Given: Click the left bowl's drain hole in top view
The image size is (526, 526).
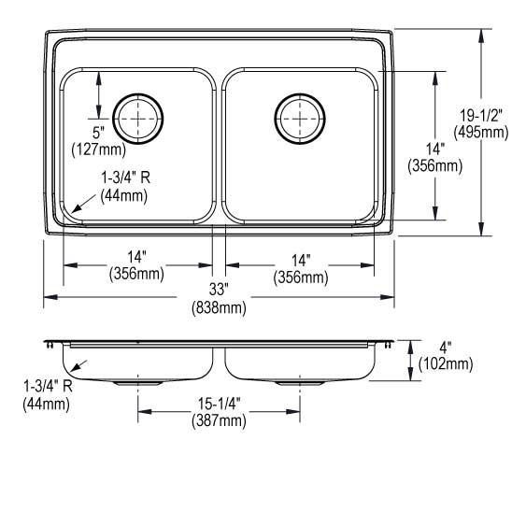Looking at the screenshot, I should click(139, 117).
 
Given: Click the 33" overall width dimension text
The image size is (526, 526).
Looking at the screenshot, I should click(220, 290).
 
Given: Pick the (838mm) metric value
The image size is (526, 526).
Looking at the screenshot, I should click(220, 307).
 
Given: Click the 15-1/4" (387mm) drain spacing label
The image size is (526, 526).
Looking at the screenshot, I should click(220, 412).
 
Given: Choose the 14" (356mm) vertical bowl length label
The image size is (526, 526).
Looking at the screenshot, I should click(435, 157).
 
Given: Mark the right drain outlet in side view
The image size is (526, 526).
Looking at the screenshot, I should click(301, 382).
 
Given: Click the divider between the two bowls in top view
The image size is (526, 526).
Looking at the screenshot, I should click(220, 145).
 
